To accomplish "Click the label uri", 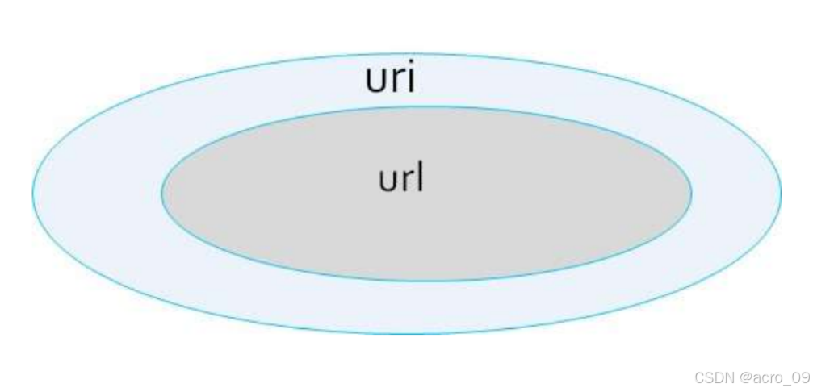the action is (x=391, y=79).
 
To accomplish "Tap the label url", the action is (x=401, y=178).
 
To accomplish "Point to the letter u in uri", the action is (x=375, y=81).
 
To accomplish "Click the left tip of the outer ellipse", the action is (x=32, y=193).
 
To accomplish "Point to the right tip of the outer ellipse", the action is (x=781, y=193).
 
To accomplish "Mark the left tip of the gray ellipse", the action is (x=161, y=193).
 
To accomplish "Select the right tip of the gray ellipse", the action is (x=691, y=193).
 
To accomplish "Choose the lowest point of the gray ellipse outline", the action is (x=426, y=281).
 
